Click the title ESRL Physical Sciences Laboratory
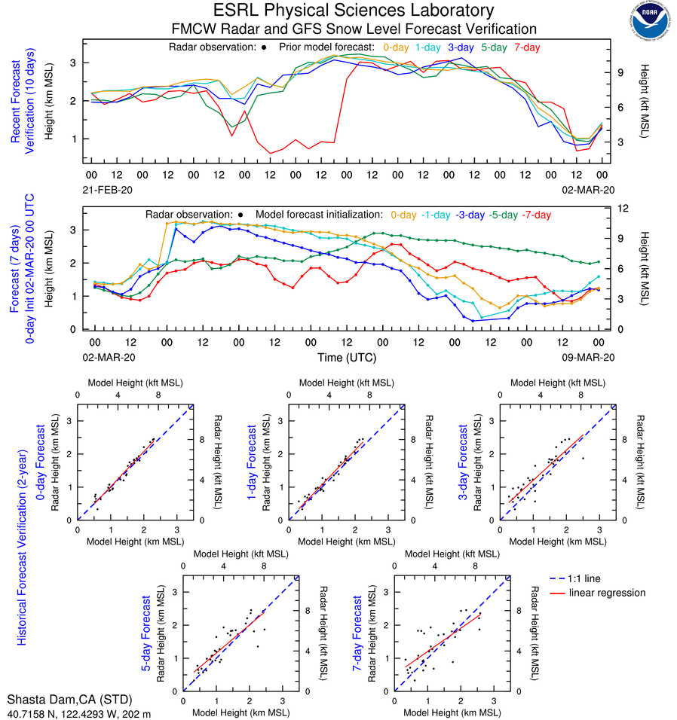[354, 11]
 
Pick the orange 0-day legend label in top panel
[397, 47]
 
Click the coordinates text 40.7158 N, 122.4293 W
[72, 712]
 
